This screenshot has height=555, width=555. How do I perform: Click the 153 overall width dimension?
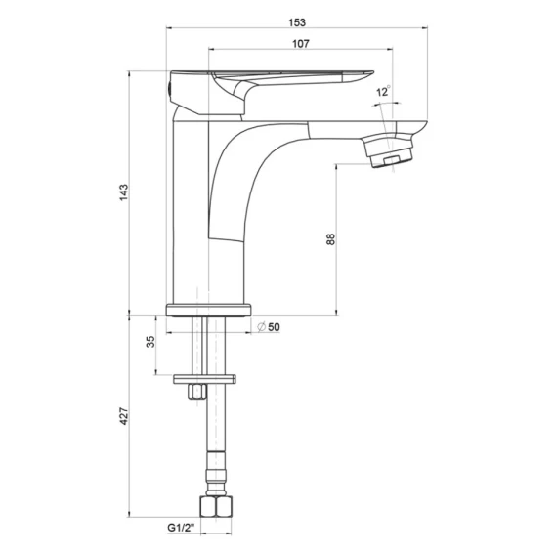point(297,22)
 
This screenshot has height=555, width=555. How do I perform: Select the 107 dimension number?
point(301,44)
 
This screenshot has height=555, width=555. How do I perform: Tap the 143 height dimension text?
point(123,192)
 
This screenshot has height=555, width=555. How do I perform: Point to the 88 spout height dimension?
point(330,239)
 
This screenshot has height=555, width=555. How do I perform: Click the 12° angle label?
point(383,91)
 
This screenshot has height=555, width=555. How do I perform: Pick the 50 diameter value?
point(274,327)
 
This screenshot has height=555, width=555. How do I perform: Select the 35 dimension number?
point(150,342)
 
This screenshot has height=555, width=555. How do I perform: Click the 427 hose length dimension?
point(123,416)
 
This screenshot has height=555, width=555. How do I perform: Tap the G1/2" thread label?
point(181,528)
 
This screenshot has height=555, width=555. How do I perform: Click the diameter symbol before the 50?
point(262,327)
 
